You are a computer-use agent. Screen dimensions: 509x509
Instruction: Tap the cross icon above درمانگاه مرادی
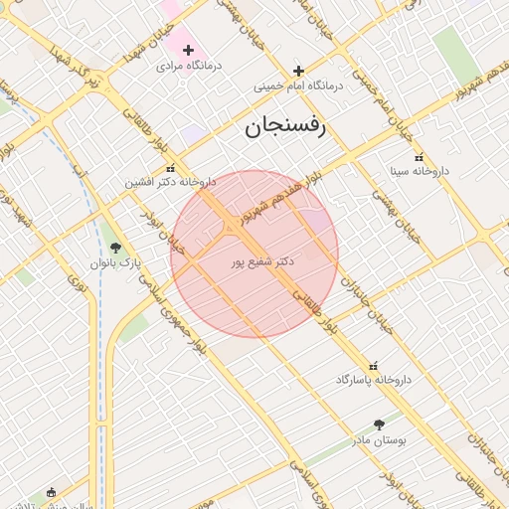tap(188, 50)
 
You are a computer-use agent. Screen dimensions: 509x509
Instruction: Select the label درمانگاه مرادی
tap(189, 66)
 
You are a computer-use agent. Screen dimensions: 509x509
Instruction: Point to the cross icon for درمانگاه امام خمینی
tap(298, 71)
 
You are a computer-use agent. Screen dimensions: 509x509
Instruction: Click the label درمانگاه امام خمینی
tap(298, 86)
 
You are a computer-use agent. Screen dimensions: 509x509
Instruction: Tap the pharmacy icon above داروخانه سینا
tap(418, 157)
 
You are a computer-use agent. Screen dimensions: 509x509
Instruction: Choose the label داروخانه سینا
tap(411, 171)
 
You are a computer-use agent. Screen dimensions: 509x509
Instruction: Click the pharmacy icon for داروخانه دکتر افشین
tap(171, 169)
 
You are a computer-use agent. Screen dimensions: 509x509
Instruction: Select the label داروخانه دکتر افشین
tap(170, 183)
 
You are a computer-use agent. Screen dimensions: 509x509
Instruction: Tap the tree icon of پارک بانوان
tap(116, 249)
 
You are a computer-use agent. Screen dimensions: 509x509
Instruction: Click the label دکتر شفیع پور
tap(263, 261)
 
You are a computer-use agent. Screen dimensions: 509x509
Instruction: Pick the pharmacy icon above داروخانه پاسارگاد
tap(374, 366)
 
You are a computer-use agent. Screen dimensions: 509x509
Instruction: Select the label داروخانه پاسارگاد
tap(374, 380)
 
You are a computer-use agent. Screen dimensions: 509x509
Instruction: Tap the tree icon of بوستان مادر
tap(379, 424)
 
